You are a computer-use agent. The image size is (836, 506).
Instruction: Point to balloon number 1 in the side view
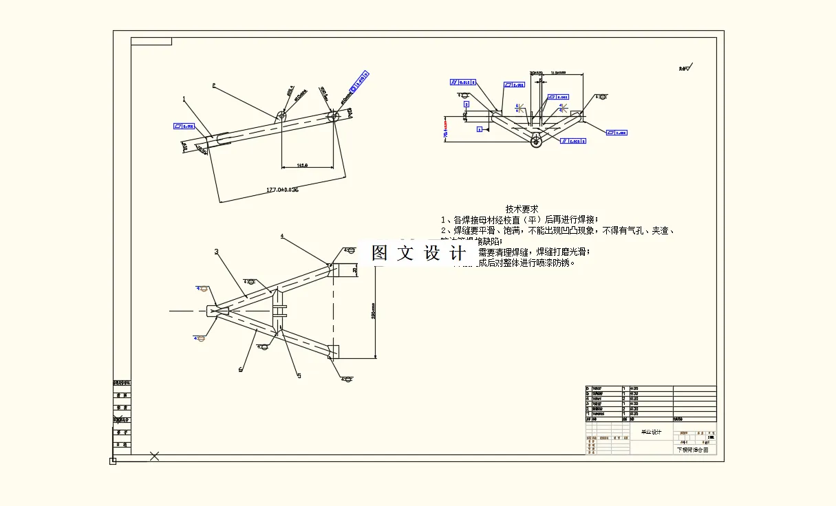pos(184,99)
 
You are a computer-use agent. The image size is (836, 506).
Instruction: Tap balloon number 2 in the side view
pos(214,86)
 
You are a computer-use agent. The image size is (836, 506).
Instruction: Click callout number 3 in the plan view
pos(216,252)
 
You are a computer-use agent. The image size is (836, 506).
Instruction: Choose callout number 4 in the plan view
pos(282,236)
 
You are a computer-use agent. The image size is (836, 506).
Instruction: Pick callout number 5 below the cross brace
pos(299,375)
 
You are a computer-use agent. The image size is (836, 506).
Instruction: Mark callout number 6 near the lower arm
pos(241,370)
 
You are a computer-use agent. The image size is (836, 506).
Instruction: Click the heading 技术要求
pos(522,208)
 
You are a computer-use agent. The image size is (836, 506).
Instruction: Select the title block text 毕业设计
pos(650,432)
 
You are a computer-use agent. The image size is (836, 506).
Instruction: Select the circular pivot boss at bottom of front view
pos(535,142)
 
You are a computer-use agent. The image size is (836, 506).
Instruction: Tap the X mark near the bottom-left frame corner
pos(155,455)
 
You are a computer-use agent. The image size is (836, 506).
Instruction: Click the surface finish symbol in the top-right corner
pos(685,67)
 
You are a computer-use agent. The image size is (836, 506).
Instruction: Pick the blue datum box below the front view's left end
pos(480,129)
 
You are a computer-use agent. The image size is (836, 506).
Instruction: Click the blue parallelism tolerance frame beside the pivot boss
pos(573,141)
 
